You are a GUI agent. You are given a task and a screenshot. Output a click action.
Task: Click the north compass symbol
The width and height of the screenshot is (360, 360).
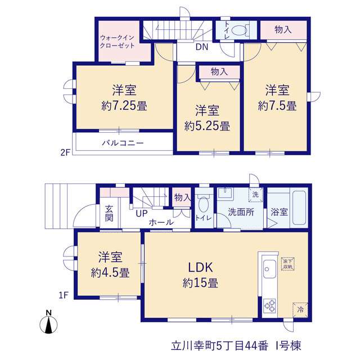pyautogui.click(x=48, y=322)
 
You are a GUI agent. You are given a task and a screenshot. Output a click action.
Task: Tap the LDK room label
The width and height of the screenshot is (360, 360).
pyautogui.click(x=200, y=267)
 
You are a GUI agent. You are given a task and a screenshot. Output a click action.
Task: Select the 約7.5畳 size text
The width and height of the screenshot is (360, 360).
pyautogui.click(x=277, y=106)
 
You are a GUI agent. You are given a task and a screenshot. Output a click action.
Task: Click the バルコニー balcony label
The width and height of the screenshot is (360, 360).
pyautogui.click(x=123, y=143)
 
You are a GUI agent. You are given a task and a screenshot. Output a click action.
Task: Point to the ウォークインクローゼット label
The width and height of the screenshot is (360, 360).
pyautogui.click(x=117, y=42)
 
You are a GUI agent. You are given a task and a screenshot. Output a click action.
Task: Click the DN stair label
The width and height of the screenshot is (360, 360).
pyautogui.click(x=202, y=47)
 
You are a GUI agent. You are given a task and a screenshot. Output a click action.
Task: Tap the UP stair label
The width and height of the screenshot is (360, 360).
pyautogui.click(x=141, y=214)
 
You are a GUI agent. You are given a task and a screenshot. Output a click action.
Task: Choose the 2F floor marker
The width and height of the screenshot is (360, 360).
pyautogui.click(x=65, y=152)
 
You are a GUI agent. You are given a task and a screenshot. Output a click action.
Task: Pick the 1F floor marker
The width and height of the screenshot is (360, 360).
pyautogui.click(x=64, y=295)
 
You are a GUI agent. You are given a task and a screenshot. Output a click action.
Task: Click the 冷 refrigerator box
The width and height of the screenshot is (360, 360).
pyautogui.click(x=300, y=310)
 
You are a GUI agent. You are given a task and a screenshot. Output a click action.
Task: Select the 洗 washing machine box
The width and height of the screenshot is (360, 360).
pyautogui.click(x=255, y=195)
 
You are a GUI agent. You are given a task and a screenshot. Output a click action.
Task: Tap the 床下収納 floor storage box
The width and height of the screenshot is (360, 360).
pyautogui.click(x=287, y=264)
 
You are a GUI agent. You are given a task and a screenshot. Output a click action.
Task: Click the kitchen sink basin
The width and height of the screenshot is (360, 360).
pyautogui.click(x=269, y=269)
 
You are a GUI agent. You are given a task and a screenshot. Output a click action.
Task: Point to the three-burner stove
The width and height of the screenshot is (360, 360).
pyautogui.click(x=269, y=306)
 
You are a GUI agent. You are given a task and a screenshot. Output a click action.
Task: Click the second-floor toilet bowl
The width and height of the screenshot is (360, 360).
pyautogui.click(x=238, y=30)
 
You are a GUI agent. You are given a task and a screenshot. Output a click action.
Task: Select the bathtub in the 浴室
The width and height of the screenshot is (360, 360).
pyautogui.click(x=299, y=208)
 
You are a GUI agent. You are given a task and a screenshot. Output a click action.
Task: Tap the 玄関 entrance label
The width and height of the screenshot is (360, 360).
pyautogui.click(x=109, y=213)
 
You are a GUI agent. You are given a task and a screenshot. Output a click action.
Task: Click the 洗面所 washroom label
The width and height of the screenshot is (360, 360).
pyautogui.click(x=241, y=212)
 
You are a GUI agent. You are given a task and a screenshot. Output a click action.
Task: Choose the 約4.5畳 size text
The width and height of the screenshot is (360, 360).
pyautogui.click(x=110, y=273)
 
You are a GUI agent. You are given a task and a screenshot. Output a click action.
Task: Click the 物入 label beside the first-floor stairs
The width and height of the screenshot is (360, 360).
pyautogui.click(x=182, y=197)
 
